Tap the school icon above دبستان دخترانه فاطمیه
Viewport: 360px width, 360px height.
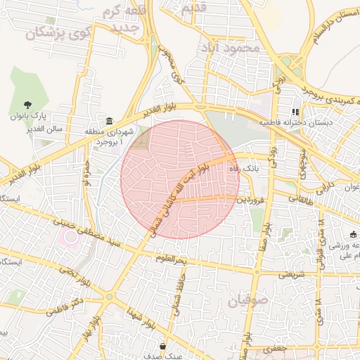pyautogui.click(x=295, y=111)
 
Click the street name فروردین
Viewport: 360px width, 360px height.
pyautogui.click(x=252, y=200)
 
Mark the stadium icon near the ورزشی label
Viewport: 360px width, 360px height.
pyautogui.click(x=353, y=235)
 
